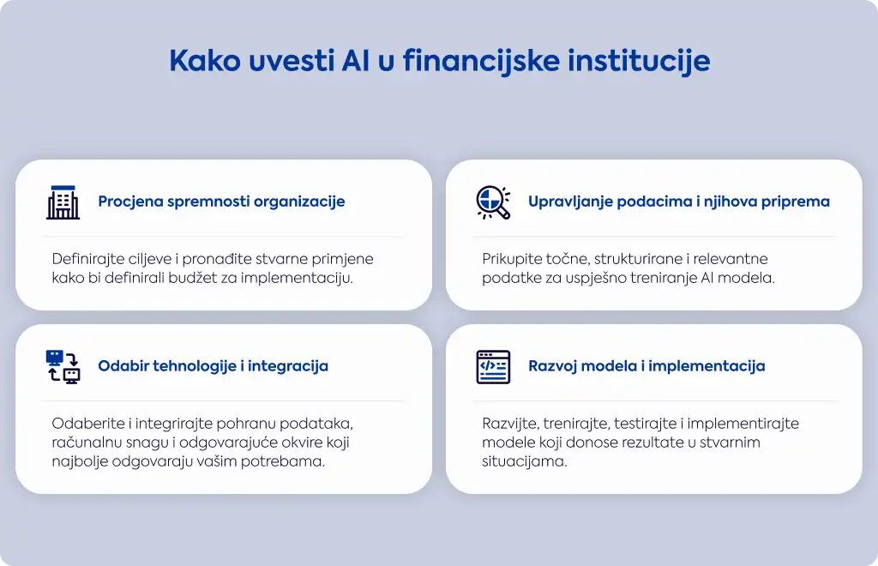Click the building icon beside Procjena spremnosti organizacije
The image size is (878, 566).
63,202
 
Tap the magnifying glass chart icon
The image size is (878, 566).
493,202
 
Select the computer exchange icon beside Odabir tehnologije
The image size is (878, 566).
63,367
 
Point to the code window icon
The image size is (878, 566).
493,367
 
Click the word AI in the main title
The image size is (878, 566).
356,61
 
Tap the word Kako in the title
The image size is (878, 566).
205,61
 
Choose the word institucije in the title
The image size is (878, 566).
639,62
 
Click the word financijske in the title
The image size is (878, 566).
481,62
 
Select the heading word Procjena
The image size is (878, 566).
130,202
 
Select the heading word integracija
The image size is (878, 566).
288,366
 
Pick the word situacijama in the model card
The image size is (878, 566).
524,461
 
